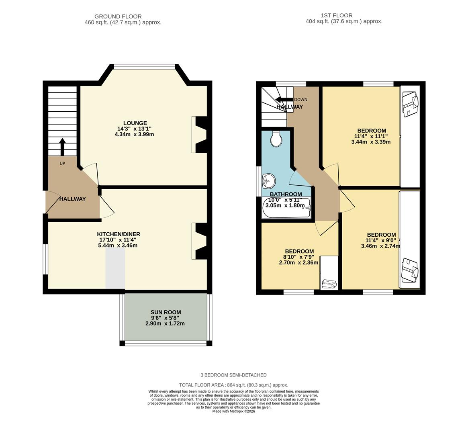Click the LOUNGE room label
coord(135,123)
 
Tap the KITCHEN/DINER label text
coord(119,234)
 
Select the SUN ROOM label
coord(166,312)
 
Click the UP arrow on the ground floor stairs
coord(62,147)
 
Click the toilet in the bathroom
coord(276,138)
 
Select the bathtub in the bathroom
coord(286,208)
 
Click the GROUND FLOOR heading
coord(118,16)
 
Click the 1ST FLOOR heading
coord(331,16)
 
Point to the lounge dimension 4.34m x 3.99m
coord(134,134)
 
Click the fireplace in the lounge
coord(200,135)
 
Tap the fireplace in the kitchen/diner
coord(200,241)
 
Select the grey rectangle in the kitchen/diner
coord(115,268)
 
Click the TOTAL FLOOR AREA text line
coord(234,385)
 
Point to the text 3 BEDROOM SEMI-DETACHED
coord(233,375)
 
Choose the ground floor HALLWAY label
coord(73,199)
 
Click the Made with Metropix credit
coord(233,411)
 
